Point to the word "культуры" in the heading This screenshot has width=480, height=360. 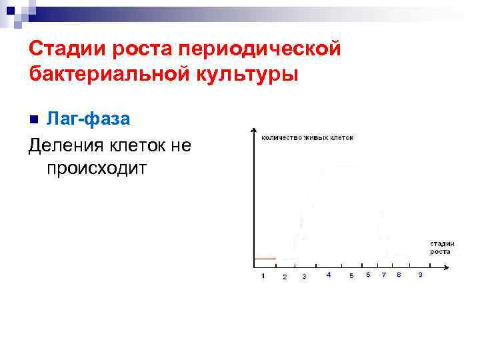[243, 73]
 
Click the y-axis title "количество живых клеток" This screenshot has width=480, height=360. [307, 138]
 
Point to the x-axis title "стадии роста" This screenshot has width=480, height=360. [441, 248]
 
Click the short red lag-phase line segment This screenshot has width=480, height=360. [265, 258]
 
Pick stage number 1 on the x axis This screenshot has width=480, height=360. [263, 275]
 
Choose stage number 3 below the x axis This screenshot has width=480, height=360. [304, 276]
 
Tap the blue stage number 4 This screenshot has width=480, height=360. [328, 275]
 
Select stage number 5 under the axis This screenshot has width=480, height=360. [351, 276]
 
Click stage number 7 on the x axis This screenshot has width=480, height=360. [383, 275]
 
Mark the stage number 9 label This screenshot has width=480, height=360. [419, 275]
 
